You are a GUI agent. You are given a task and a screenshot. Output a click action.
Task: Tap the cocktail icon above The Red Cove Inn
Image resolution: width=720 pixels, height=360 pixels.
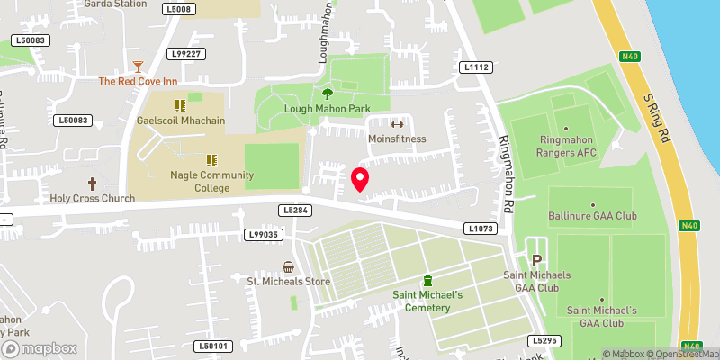[138, 66]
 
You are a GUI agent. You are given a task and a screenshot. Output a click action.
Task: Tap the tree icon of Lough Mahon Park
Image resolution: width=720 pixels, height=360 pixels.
[327, 93]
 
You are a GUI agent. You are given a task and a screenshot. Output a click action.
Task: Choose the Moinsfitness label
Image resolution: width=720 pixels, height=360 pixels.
[396, 139]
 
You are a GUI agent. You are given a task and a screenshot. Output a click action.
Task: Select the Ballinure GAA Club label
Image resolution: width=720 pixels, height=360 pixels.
[592, 216]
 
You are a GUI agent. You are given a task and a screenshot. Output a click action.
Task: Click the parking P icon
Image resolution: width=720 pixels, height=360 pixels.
[538, 247]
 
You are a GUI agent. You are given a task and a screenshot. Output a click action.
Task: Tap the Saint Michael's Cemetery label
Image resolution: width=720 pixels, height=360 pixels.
[427, 301]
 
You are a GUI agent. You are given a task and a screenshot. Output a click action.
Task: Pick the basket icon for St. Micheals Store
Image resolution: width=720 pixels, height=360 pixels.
[289, 266]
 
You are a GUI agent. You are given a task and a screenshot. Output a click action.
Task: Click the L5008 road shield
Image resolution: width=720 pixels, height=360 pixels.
[180, 9]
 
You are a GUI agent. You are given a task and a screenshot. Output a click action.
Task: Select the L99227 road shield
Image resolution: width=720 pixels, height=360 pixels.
[186, 54]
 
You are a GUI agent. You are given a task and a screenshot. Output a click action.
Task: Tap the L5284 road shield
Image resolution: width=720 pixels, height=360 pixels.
[294, 210]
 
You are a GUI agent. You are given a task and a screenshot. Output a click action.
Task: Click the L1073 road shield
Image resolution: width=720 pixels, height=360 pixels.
[480, 229]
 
